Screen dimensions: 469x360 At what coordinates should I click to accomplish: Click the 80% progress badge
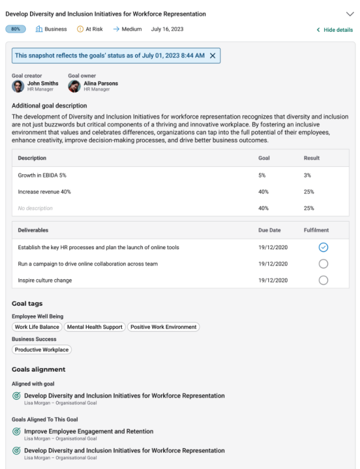coord(16,29)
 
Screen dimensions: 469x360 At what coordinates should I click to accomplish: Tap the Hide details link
coord(335,30)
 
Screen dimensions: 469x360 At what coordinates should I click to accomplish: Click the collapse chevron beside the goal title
coord(350,13)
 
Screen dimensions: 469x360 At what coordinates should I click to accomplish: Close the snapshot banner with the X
coord(212,55)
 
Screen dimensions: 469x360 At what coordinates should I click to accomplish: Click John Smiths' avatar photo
coord(18,86)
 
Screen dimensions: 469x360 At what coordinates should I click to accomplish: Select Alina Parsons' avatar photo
coord(74,86)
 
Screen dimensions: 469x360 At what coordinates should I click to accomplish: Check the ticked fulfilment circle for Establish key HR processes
coord(323,247)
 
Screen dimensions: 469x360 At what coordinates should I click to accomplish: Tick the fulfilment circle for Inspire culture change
coord(323,280)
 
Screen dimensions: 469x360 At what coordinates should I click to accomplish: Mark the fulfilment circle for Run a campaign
coord(323,264)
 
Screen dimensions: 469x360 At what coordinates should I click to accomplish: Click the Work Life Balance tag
coord(37,327)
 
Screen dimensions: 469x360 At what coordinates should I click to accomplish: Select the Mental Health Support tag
coord(95,327)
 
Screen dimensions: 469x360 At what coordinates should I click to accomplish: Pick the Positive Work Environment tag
coord(163,327)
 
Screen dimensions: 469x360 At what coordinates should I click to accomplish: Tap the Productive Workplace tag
coord(41,349)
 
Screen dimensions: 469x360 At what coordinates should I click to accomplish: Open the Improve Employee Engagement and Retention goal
coord(89,431)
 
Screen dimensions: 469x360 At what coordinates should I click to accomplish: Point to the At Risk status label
coord(92,29)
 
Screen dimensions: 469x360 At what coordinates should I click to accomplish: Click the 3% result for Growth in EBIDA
coord(308,175)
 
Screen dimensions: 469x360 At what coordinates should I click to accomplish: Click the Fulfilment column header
coord(316,230)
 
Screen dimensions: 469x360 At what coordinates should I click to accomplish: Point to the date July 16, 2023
coord(167,29)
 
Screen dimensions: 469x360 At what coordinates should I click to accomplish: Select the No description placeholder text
coord(35,208)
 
